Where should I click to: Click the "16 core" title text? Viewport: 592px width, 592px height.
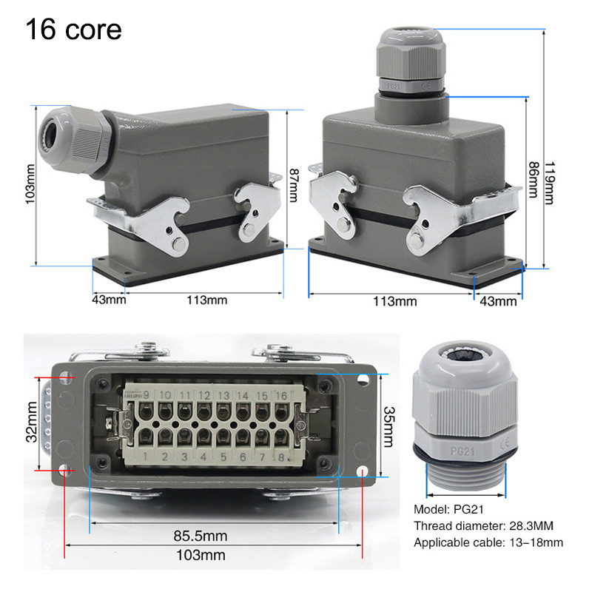coord(73,30)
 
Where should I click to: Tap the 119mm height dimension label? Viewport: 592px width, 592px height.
coord(550,183)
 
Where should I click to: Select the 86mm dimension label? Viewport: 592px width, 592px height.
coord(533,180)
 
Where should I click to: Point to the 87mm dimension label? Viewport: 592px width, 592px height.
coord(294,186)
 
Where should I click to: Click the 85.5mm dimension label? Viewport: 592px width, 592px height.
coord(201,535)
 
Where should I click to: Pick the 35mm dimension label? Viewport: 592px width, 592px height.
coord(388,427)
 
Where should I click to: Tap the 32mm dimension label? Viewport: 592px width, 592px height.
coord(32,422)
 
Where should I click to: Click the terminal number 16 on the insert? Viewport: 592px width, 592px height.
coord(281,395)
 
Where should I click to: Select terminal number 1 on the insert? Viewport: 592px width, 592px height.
coord(145,457)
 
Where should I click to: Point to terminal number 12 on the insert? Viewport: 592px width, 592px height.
coord(204,395)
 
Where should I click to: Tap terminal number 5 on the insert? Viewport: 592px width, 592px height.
coord(223,457)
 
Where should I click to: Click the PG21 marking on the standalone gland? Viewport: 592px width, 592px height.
coord(462,451)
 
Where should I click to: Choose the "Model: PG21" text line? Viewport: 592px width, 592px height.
coord(448,509)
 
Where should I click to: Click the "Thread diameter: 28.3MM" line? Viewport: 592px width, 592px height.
coord(484,525)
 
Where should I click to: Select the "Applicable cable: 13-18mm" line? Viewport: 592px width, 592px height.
coord(488,542)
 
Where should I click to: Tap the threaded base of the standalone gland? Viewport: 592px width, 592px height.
coord(465,475)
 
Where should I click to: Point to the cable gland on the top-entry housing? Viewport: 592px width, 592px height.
coord(411,61)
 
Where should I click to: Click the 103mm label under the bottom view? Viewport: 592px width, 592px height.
coord(201,555)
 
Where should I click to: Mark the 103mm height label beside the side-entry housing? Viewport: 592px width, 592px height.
coord(30,184)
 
